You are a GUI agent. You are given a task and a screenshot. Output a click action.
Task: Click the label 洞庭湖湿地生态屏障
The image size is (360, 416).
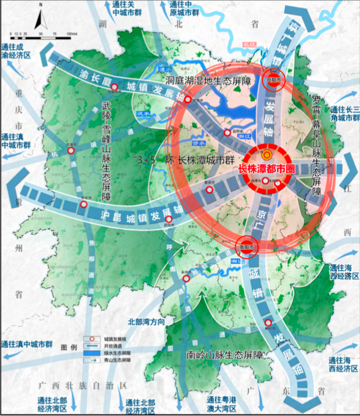206,80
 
